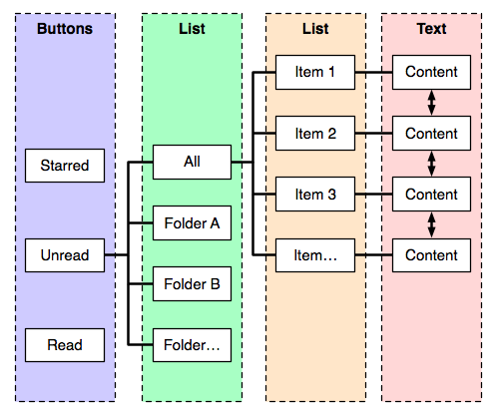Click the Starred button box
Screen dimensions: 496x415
click(65, 166)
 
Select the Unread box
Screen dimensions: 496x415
click(65, 255)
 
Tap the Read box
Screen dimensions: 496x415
click(65, 345)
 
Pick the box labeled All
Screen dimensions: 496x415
click(192, 163)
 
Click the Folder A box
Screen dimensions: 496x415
click(192, 223)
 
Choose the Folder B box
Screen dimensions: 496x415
click(192, 284)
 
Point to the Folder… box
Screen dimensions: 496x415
click(192, 345)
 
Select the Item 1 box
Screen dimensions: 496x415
click(315, 72)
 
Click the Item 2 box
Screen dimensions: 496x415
click(315, 134)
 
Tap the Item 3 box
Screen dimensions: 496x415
click(315, 195)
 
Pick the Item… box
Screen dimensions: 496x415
click(315, 255)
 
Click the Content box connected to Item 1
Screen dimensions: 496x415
click(431, 72)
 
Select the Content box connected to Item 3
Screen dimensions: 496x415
click(431, 195)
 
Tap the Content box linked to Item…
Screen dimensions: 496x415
click(431, 255)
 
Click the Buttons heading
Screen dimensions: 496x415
click(65, 29)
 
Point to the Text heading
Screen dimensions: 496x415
click(431, 29)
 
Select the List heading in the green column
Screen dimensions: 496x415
click(192, 29)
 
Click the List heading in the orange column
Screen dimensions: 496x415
click(315, 29)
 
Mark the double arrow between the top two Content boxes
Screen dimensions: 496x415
click(431, 103)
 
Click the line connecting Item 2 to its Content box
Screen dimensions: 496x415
click(373, 134)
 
